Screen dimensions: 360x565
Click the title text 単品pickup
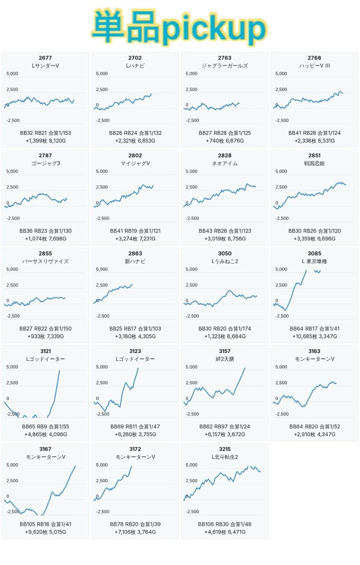pos(180,27)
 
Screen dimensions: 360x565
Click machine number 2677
pos(45,58)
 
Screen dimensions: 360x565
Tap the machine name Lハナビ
pos(135,65)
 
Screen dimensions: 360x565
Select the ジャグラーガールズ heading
pos(225,65)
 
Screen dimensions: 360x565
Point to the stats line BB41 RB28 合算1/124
pos(314,133)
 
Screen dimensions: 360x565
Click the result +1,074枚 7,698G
pos(45,239)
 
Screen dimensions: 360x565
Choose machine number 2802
pos(135,155)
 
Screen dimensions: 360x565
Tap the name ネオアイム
pos(225,163)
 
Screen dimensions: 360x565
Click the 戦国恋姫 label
pos(314,163)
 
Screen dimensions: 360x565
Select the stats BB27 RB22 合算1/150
pos(45,329)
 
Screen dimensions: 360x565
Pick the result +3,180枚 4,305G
pos(135,336)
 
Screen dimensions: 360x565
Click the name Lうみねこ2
pos(225,261)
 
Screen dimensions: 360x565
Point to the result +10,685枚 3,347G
pos(314,336)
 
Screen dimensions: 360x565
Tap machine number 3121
pos(45,351)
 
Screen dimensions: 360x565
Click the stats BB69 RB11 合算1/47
pos(135,427)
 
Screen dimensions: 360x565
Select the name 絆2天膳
pos(225,359)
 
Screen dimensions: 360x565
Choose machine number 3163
pos(314,351)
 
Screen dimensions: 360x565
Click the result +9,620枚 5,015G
pos(45,532)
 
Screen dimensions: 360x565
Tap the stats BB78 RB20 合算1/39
pos(135,524)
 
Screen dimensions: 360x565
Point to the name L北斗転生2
pos(225,457)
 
